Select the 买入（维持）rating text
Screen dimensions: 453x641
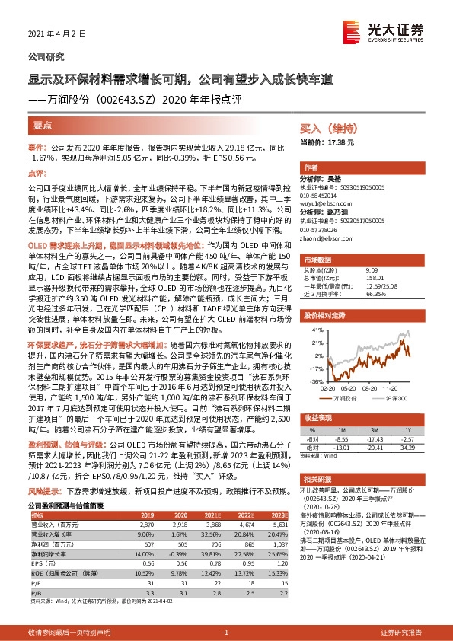tap(325, 130)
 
